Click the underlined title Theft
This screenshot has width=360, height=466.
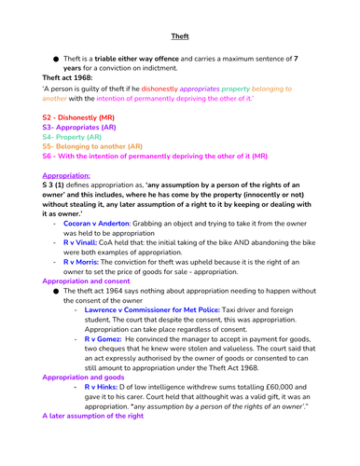click(180, 37)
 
